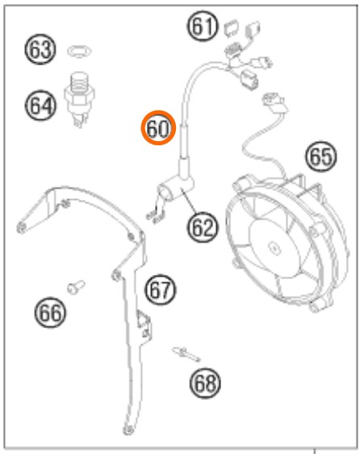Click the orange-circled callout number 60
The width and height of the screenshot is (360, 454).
[x=158, y=127]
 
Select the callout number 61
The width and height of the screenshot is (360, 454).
[x=203, y=26]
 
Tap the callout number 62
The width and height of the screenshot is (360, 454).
[x=203, y=227]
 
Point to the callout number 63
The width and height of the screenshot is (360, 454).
[x=40, y=49]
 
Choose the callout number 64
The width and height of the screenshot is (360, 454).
[x=40, y=106]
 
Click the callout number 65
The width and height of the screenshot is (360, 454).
[x=321, y=156]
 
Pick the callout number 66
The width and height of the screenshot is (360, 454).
[x=50, y=312]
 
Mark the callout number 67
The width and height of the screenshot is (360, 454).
[x=161, y=289]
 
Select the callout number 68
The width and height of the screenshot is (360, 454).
[x=205, y=383]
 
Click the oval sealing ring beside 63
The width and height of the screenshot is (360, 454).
[x=80, y=52]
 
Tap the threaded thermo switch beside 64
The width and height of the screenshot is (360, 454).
[x=79, y=99]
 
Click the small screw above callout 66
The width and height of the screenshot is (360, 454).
[x=76, y=287]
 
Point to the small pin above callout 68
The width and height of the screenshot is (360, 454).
[x=186, y=354]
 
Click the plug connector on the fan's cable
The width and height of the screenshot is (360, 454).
[x=274, y=102]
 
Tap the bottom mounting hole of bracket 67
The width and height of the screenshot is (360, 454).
[x=128, y=430]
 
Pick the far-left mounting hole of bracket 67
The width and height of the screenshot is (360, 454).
[x=21, y=227]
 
